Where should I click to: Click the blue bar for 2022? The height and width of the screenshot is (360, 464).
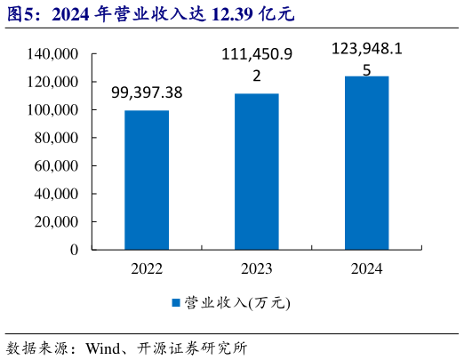click(x=147, y=180)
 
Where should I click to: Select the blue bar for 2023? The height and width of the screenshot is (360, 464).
click(x=256, y=172)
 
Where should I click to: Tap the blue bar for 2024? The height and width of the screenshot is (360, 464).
click(x=366, y=163)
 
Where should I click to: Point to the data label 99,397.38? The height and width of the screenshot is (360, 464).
click(x=147, y=92)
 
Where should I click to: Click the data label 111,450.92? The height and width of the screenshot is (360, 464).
click(x=257, y=66)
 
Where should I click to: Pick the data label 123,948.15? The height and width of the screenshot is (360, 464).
click(x=366, y=58)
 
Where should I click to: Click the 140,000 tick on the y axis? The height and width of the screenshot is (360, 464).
click(x=54, y=54)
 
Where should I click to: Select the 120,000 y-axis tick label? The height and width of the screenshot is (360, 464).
click(x=54, y=82)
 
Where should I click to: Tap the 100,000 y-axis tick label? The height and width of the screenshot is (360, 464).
click(x=54, y=110)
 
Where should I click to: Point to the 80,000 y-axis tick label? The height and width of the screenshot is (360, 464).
click(x=58, y=138)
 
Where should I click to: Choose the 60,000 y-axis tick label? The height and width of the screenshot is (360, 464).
click(x=58, y=166)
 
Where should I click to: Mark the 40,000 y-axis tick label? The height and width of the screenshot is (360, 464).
click(x=58, y=194)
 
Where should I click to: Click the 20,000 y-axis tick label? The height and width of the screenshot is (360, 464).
click(x=58, y=222)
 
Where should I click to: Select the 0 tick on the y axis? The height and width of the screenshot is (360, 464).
click(x=75, y=250)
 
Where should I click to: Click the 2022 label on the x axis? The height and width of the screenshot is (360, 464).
click(x=147, y=268)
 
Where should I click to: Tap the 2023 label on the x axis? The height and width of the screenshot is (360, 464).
click(x=256, y=268)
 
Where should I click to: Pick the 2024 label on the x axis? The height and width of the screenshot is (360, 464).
click(x=366, y=268)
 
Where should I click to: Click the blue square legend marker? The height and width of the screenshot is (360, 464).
click(x=176, y=303)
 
